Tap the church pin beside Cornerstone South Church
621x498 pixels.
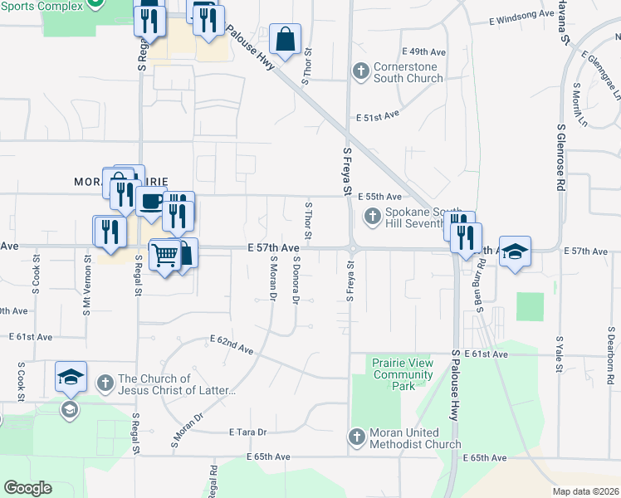point(360,71)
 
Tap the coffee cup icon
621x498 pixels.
point(151,202)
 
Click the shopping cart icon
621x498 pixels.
point(165,255)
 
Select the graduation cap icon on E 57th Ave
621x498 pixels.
point(516,251)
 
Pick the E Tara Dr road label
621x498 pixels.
point(247,432)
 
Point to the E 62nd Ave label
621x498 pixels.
point(231,344)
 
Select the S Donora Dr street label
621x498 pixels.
point(296,279)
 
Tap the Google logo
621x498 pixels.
point(27,488)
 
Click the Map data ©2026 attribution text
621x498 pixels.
point(584,491)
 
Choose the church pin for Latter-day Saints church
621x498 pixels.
point(105,383)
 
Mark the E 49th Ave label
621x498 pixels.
point(423,51)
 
